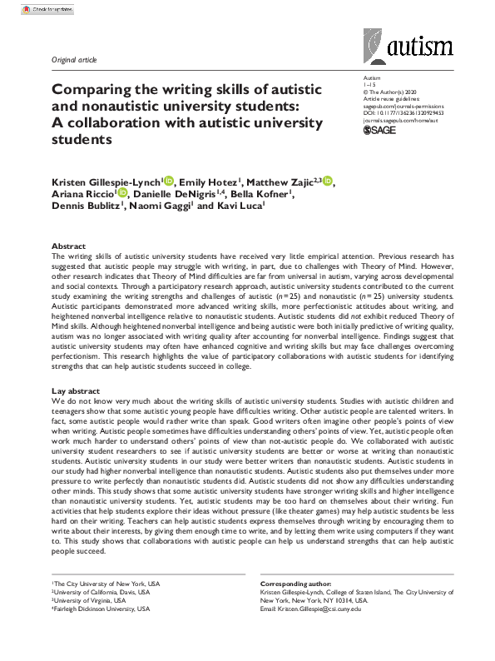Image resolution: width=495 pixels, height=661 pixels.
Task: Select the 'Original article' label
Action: coord(74,62)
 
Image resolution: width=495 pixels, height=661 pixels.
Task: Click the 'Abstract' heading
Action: coord(68,246)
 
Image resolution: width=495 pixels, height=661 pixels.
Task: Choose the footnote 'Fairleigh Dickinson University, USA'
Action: coord(103,609)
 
